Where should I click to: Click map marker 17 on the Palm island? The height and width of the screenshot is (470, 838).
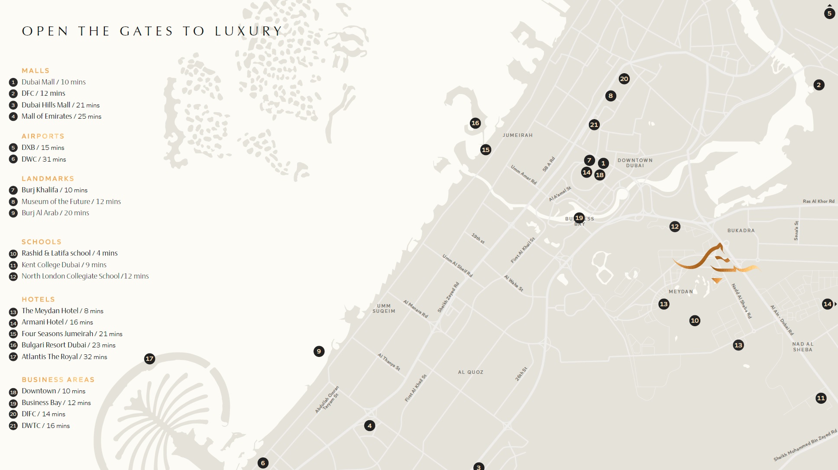tap(149, 359)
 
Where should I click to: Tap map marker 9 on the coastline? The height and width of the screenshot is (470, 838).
tap(319, 351)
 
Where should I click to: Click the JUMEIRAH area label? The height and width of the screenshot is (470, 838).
tap(518, 136)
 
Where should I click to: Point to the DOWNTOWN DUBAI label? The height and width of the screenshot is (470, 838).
tap(635, 163)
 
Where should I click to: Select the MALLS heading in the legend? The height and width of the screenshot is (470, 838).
tap(36, 71)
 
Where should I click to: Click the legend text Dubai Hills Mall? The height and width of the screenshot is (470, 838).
tap(46, 105)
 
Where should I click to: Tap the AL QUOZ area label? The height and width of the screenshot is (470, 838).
tap(471, 372)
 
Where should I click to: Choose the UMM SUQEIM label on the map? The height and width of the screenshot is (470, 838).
tap(384, 308)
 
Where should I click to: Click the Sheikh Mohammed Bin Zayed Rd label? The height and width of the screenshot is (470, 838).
tap(805, 445)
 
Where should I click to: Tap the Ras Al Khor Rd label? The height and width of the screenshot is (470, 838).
tap(819, 201)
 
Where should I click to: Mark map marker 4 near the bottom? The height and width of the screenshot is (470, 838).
tap(369, 426)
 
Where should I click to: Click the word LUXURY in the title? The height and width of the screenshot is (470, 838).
tap(249, 31)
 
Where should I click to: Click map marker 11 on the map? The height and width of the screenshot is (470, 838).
tap(821, 398)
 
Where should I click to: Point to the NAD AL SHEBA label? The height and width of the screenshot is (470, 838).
tap(802, 347)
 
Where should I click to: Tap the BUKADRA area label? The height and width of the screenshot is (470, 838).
tap(741, 231)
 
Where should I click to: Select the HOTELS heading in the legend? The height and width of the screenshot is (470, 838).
tap(38, 299)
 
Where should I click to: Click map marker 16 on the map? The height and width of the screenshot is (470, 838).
tap(475, 123)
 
